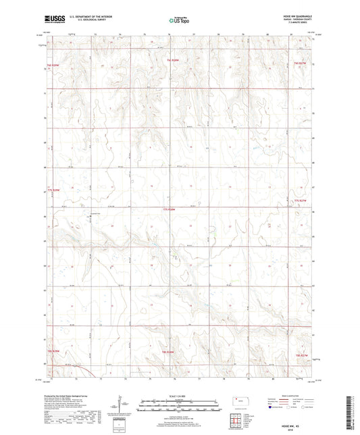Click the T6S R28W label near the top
point(172,61)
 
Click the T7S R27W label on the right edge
point(300,201)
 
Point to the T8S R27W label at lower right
point(301,353)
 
